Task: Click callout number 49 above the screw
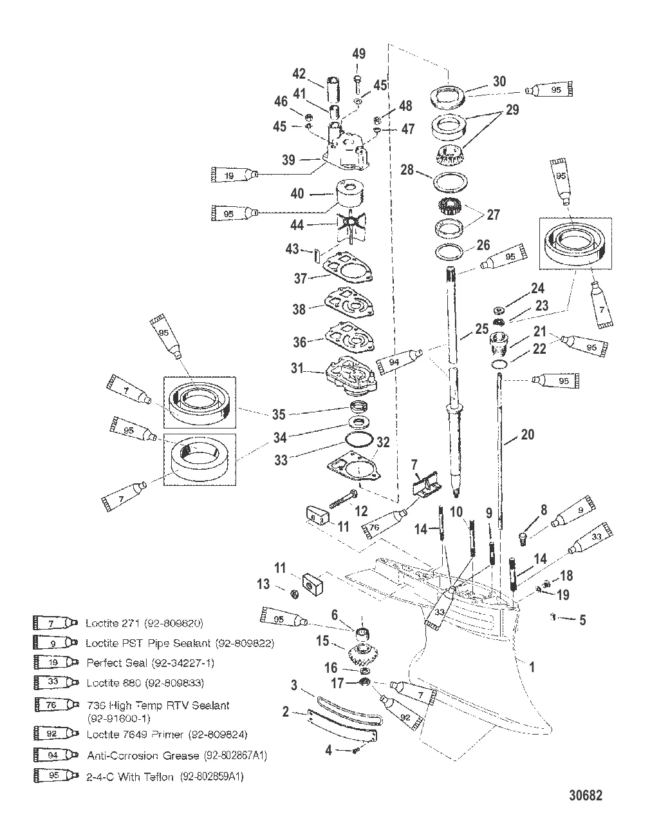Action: pos(358,54)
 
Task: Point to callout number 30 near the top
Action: pos(499,82)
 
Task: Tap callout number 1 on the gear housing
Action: pos(531,668)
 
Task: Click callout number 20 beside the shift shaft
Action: pos(527,435)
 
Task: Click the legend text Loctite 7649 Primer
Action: pos(167,734)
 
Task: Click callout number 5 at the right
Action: pos(582,620)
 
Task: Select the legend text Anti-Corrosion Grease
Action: pos(177,755)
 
